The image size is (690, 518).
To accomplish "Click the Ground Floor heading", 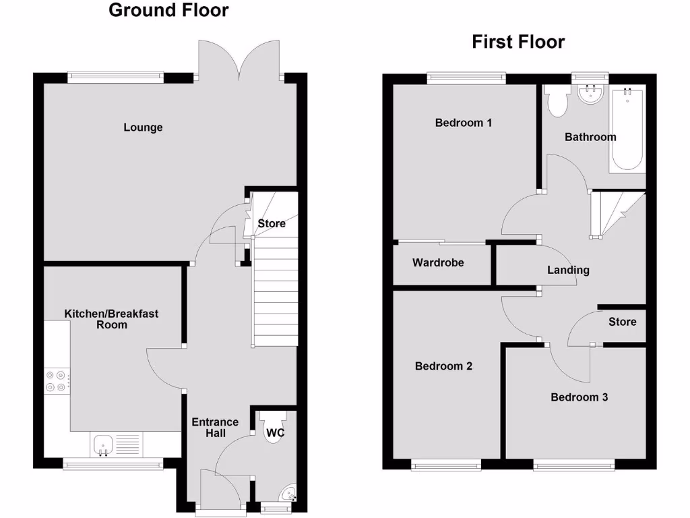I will pyautogui.click(x=168, y=11).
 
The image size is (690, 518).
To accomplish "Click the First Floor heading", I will pyautogui.click(x=517, y=42).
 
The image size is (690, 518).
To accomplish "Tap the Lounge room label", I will pyautogui.click(x=143, y=127).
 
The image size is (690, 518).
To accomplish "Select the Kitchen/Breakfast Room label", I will pyautogui.click(x=111, y=319).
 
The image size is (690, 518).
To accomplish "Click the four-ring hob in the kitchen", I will pyautogui.click(x=57, y=382).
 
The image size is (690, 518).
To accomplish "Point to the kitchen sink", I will pyautogui.click(x=103, y=444).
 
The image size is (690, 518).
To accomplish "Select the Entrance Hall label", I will pyautogui.click(x=215, y=428).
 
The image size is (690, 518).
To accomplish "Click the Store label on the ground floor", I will pyautogui.click(x=272, y=223).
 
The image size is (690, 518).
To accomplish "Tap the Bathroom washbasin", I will pyautogui.click(x=590, y=95).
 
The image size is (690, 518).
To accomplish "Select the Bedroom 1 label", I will pyautogui.click(x=463, y=123).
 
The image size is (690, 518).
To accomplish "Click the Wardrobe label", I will pyautogui.click(x=438, y=262).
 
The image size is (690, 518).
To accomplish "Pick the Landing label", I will pyautogui.click(x=568, y=270).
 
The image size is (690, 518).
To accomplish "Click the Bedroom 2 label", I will pyautogui.click(x=443, y=366).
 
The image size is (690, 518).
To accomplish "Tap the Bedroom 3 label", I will pyautogui.click(x=579, y=397).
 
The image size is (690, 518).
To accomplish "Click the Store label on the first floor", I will pyautogui.click(x=622, y=322).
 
